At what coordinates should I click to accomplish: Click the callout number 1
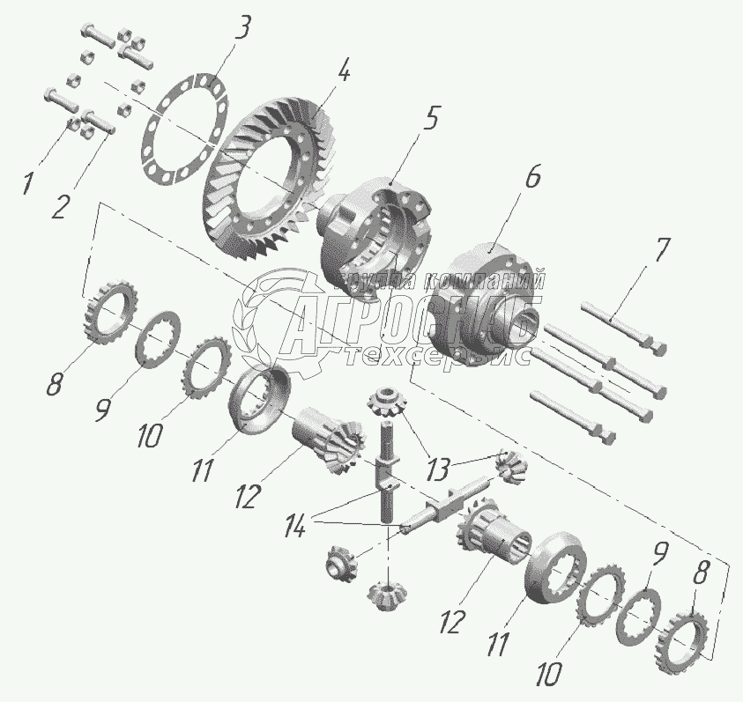point(28,183)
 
